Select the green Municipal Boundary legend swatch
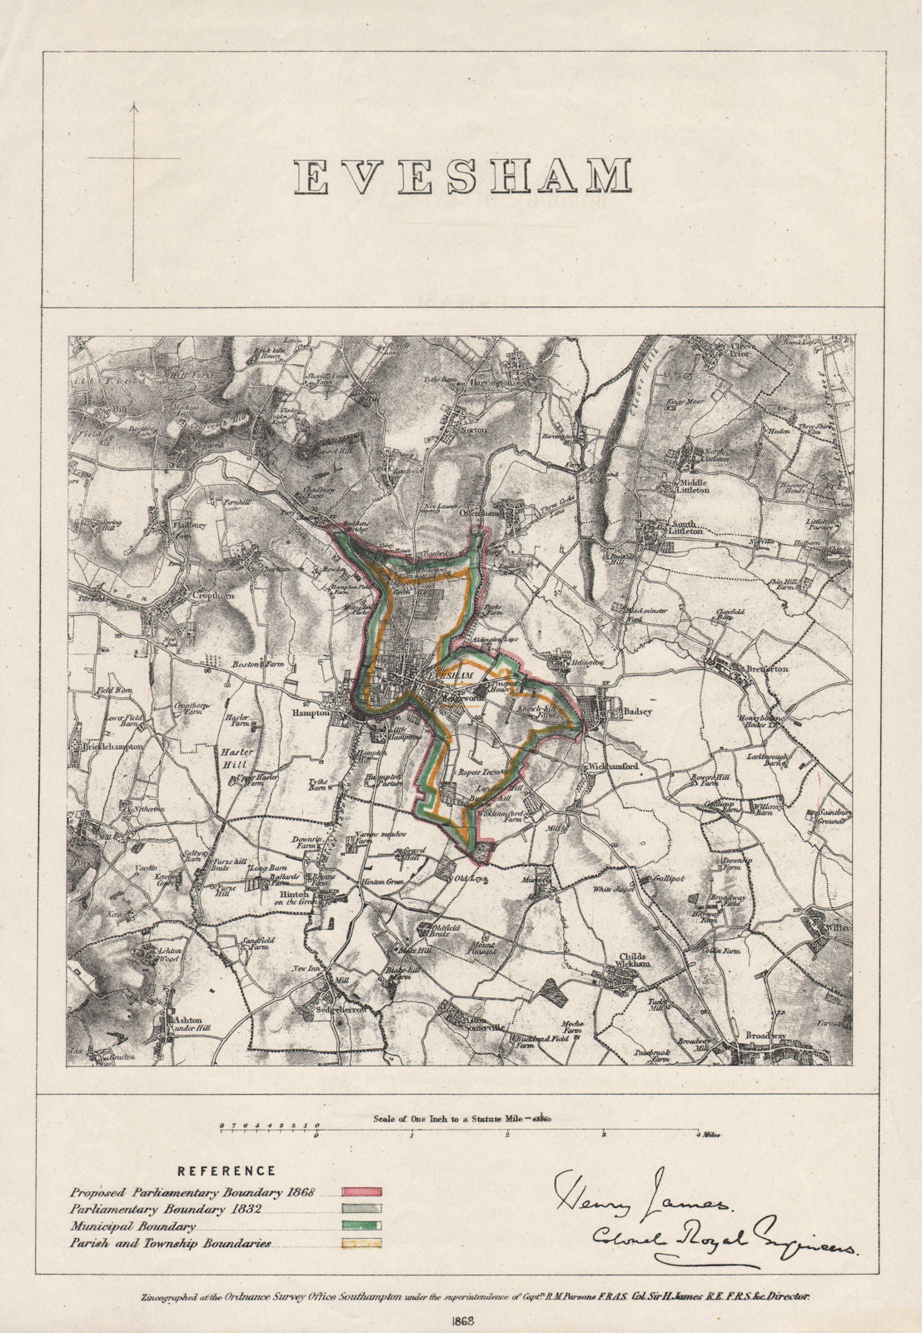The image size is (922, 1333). (361, 1226)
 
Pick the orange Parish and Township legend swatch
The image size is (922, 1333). (361, 1243)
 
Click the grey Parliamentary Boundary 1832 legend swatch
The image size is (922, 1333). (361, 1209)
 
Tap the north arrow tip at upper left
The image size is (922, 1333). (133, 103)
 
